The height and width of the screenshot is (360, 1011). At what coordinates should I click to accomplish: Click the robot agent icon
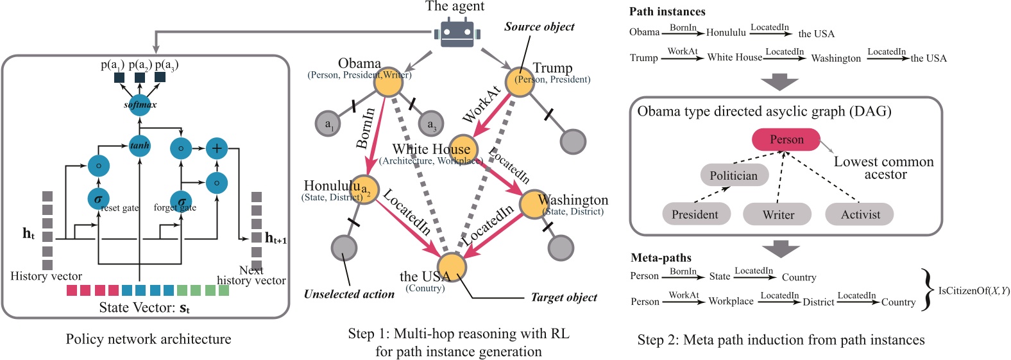click(x=457, y=33)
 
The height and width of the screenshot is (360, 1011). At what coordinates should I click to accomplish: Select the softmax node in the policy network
click(x=139, y=105)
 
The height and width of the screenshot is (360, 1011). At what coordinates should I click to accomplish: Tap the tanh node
click(x=139, y=146)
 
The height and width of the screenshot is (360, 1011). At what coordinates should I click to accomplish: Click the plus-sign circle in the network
click(x=217, y=148)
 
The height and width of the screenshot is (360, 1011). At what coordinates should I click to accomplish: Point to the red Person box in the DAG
click(x=786, y=139)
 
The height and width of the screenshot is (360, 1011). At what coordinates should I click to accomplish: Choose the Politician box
click(x=733, y=175)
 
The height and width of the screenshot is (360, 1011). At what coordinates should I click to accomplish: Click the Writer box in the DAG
click(x=777, y=214)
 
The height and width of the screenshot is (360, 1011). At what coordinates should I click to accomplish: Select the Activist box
click(x=860, y=214)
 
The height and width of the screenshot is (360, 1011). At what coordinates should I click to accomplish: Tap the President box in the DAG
click(x=695, y=214)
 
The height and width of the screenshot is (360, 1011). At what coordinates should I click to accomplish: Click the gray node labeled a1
click(x=328, y=124)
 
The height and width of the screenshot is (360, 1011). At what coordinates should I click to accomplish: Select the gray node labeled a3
click(x=430, y=124)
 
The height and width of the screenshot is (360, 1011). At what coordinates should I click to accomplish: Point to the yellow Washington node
click(x=533, y=203)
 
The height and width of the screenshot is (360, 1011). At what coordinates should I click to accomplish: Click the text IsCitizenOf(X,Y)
click(x=973, y=291)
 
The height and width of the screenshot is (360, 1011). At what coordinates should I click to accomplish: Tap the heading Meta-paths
click(x=661, y=258)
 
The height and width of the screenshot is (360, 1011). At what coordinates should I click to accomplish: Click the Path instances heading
click(x=667, y=12)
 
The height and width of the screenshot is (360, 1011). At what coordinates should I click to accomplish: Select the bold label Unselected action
click(x=349, y=295)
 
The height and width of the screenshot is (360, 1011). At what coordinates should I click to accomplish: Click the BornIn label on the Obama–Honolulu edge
click(x=365, y=128)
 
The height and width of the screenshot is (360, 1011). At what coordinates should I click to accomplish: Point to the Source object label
click(x=539, y=27)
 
